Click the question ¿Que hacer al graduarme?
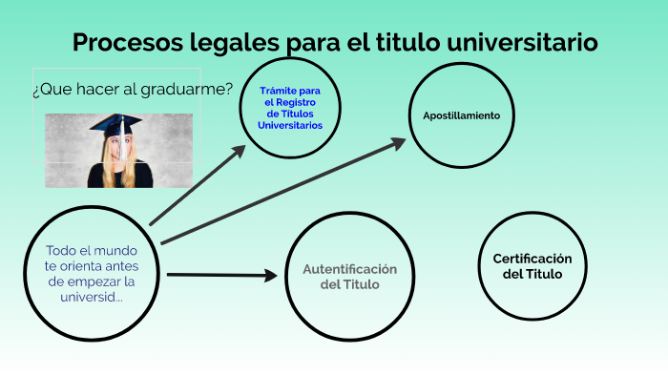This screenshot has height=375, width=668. (133, 90)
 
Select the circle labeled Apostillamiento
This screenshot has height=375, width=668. (461, 115)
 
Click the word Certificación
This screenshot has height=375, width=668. (532, 259)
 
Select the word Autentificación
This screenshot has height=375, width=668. (349, 269)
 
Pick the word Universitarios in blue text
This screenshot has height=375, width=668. (290, 126)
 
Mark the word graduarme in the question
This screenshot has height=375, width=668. (188, 90)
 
